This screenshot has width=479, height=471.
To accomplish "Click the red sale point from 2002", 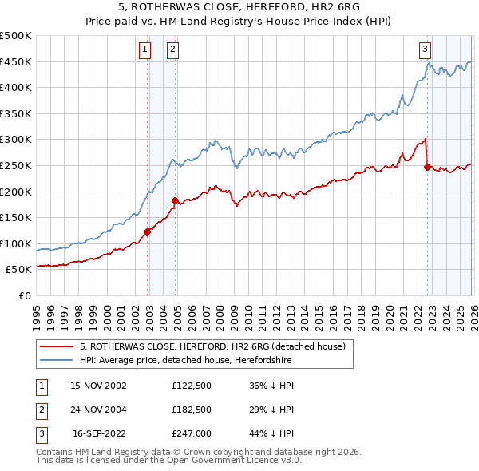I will (x=147, y=232).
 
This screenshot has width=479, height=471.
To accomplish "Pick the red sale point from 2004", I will (x=175, y=200).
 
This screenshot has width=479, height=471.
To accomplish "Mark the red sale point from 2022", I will (x=427, y=167).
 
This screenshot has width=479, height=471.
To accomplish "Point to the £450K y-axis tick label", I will (x=16, y=61).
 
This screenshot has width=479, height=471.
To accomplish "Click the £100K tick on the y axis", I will (x=16, y=243).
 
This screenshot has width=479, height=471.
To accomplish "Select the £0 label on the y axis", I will (x=24, y=295).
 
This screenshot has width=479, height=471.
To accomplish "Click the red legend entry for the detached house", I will (x=212, y=346).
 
